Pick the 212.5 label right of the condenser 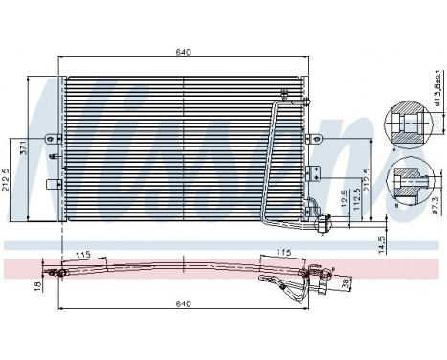pos(365,180)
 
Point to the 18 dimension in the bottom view pos(37,284)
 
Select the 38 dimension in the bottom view pos(346,283)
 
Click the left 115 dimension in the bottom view pos(83,255)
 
